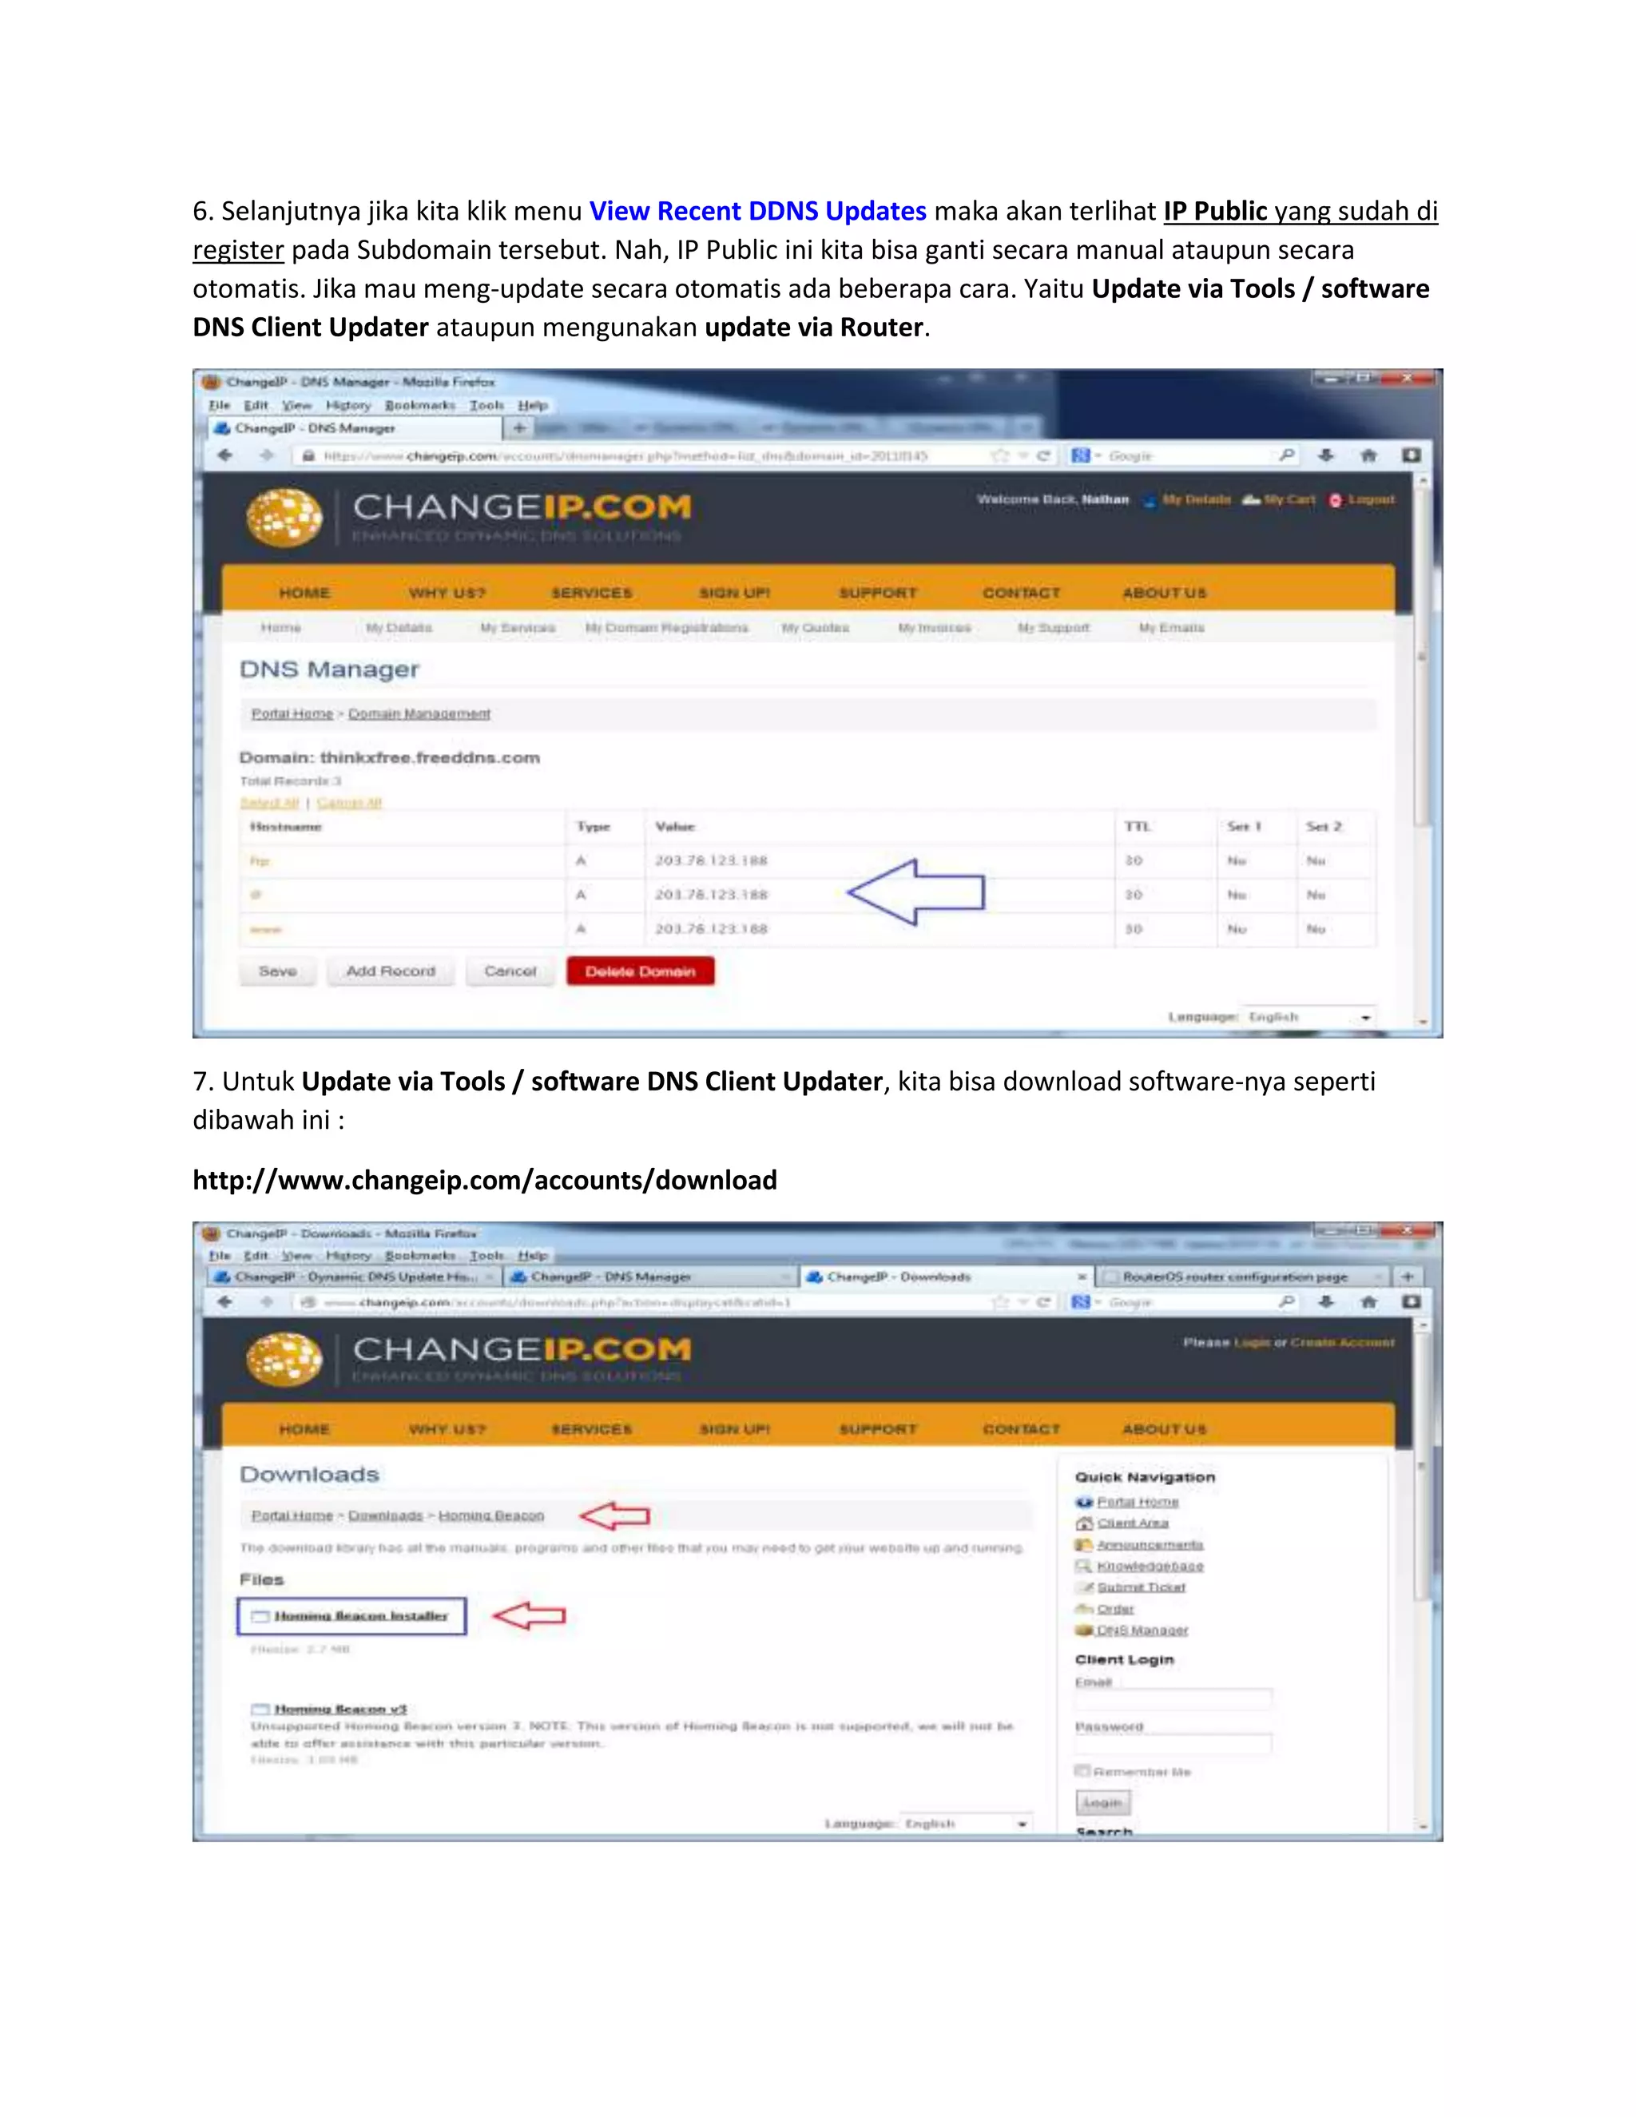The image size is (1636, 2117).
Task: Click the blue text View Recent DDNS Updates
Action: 757,212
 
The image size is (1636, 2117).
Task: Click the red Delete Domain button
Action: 640,971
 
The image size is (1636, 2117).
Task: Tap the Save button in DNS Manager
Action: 277,971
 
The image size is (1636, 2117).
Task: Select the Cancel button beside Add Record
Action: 510,971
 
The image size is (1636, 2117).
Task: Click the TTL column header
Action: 1137,827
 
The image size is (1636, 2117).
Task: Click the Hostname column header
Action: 286,827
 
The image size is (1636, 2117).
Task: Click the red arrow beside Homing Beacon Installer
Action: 528,1615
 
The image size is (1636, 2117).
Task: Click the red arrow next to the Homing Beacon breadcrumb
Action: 614,1515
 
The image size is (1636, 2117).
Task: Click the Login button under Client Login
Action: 1102,1802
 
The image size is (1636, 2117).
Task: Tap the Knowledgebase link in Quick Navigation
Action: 1150,1566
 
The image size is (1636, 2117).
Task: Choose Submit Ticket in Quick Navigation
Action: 1141,1587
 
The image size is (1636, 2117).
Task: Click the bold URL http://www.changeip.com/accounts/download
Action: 485,1180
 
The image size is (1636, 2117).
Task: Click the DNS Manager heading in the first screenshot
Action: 330,669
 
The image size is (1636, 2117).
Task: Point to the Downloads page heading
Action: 309,1475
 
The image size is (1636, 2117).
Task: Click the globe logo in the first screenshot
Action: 284,517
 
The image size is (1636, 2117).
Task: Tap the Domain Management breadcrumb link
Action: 419,713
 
